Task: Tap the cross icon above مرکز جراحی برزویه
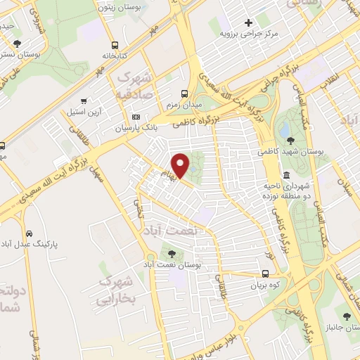tap(248, 22)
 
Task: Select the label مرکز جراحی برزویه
tap(249, 33)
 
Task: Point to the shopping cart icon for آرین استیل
tap(84, 101)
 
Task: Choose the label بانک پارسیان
tap(134, 127)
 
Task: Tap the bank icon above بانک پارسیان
tap(136, 117)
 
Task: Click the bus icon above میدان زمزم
tap(184, 94)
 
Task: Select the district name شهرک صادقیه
tap(134, 84)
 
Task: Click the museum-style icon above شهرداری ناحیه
tap(286, 174)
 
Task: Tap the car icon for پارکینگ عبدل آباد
tap(29, 233)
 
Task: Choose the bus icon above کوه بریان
tap(265, 274)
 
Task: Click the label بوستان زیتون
tap(115, 8)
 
